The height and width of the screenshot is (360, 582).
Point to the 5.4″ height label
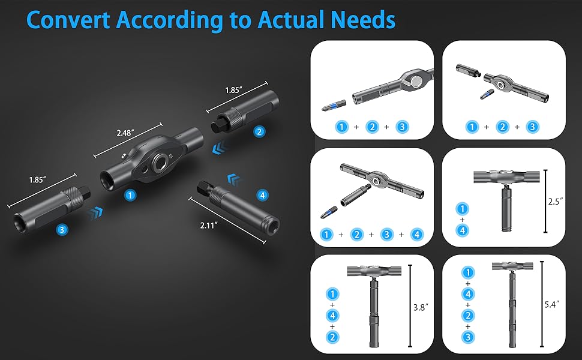[551, 305]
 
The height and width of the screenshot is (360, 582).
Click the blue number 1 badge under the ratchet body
[130, 194]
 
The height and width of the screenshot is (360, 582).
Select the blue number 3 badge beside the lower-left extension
[62, 229]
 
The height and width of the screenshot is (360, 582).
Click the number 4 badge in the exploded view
[262, 194]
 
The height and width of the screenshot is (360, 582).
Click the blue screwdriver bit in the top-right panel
[487, 94]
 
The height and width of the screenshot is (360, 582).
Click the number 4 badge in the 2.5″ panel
[461, 229]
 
